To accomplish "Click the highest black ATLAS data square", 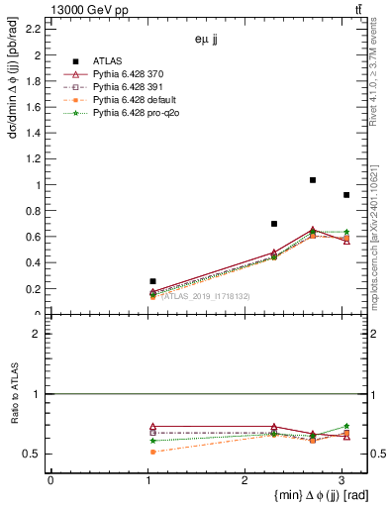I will [x=313, y=180].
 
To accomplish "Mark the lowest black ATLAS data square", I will [x=152, y=281].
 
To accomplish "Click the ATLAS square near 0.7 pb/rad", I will [x=274, y=224].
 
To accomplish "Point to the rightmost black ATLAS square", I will [x=345, y=195].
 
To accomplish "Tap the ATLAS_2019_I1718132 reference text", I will [x=205, y=296].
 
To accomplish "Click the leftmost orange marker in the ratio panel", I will [x=152, y=452].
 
